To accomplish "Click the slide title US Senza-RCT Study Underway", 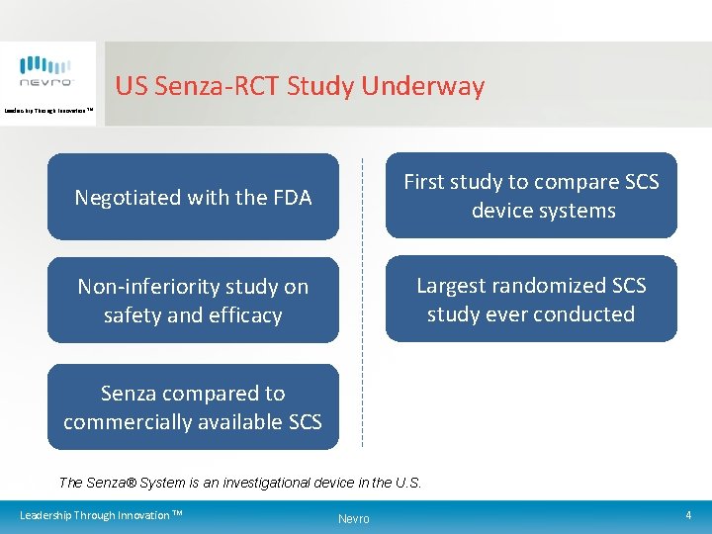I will click(x=300, y=86).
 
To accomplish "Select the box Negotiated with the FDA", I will click(x=193, y=197).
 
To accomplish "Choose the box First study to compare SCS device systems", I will click(x=531, y=196).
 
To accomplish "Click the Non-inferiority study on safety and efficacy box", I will click(x=193, y=301).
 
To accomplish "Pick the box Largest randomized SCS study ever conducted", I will click(x=531, y=300).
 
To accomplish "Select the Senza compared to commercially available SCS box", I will click(x=193, y=406).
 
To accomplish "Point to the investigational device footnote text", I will click(x=240, y=483).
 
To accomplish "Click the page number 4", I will click(x=687, y=515).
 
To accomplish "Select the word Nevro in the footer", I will click(x=353, y=519).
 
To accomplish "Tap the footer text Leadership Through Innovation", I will click(x=101, y=515).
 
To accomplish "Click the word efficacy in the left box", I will click(x=246, y=315).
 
